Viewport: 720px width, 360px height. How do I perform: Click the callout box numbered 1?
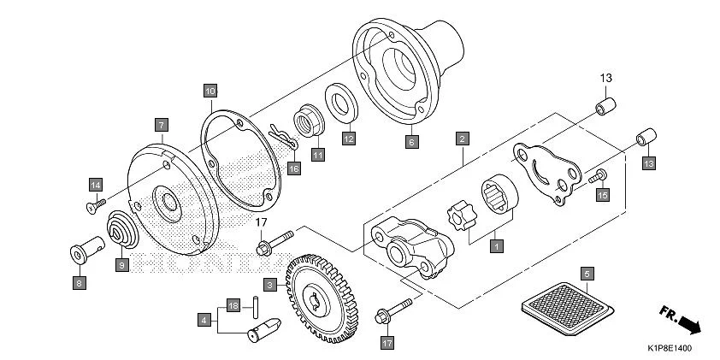[x=494, y=245]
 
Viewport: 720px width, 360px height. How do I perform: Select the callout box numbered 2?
[x=462, y=138]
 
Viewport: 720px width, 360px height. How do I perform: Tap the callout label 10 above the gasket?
[x=210, y=89]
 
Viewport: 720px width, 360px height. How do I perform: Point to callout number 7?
[x=160, y=125]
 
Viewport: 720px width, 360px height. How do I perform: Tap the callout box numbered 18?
[x=232, y=304]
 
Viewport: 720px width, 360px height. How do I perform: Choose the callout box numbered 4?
[x=204, y=319]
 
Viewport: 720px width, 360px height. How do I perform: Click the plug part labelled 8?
[x=81, y=254]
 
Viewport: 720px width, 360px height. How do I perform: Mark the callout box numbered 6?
[x=410, y=142]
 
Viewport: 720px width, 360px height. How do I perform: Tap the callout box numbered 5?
[x=587, y=274]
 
